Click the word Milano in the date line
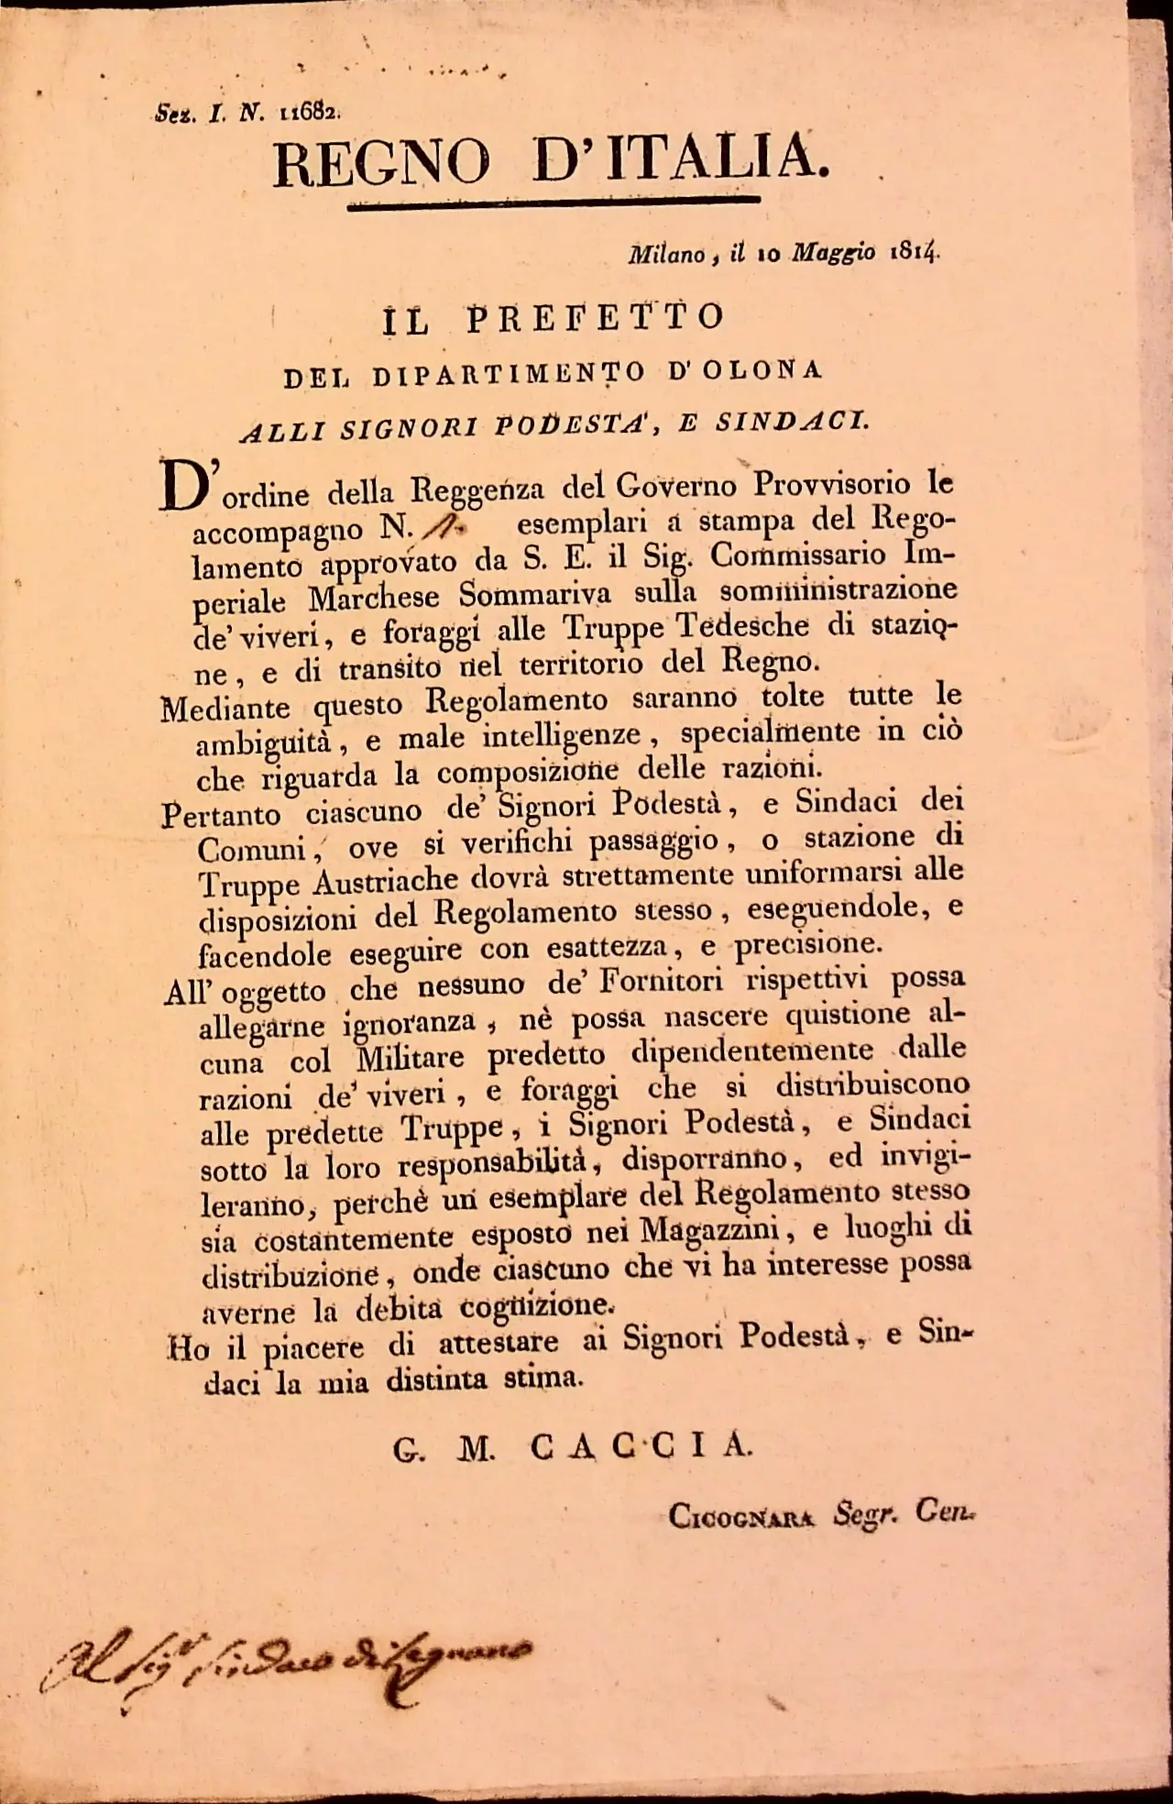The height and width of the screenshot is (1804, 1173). (666, 255)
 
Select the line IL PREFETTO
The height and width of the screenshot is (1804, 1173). (553, 317)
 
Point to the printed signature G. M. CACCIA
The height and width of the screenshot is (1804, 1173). (572, 1446)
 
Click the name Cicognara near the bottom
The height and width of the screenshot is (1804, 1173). (740, 1517)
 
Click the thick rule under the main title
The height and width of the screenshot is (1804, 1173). (554, 203)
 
